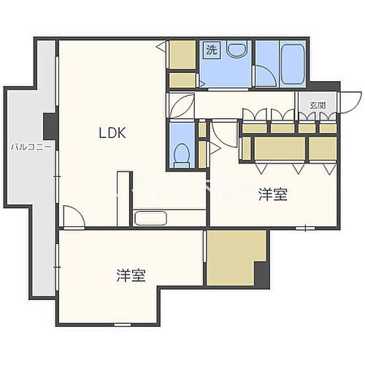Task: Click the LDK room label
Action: coord(113,133)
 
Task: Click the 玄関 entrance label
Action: coord(317,105)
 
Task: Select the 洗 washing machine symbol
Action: coord(211,50)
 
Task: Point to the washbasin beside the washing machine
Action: coord(235,50)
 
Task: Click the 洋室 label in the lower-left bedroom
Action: coord(131,275)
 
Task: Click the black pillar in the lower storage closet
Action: coord(261,274)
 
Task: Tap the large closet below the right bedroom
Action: coord(234,258)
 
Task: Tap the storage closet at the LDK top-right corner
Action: coord(182,54)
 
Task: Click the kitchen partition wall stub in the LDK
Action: coord(124,197)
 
